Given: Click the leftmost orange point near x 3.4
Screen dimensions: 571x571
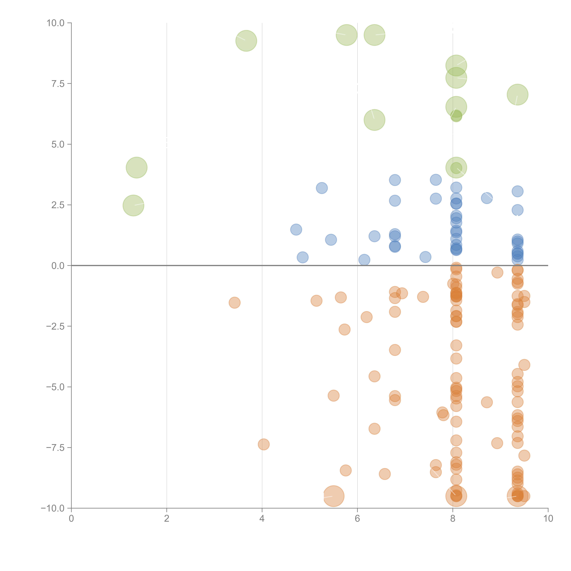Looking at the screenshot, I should (x=234, y=303).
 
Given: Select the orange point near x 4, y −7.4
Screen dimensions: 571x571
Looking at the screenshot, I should (x=263, y=444).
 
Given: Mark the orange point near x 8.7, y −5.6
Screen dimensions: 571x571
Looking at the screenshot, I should (x=486, y=402).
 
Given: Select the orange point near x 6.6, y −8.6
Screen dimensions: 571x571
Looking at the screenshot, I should (x=384, y=474).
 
